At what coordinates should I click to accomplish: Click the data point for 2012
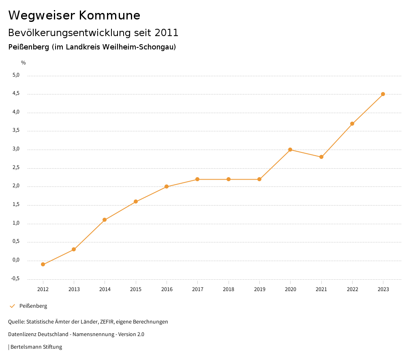click(43, 264)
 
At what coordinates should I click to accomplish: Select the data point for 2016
click(167, 186)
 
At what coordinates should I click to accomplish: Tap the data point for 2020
click(290, 150)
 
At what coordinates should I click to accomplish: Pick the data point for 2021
click(321, 157)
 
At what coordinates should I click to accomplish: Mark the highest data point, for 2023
click(383, 94)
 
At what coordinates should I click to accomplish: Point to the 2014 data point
click(105, 220)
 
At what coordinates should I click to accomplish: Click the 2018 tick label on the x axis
click(229, 289)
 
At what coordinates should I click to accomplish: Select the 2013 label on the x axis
click(74, 289)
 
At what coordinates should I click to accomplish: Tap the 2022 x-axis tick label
click(352, 289)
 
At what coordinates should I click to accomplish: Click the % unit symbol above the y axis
click(24, 63)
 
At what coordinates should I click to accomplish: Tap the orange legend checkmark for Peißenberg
click(12, 306)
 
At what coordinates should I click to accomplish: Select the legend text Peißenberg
click(33, 306)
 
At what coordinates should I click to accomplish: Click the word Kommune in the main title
click(109, 15)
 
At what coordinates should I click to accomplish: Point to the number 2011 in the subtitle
click(166, 32)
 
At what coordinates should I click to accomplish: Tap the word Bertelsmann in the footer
click(26, 347)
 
